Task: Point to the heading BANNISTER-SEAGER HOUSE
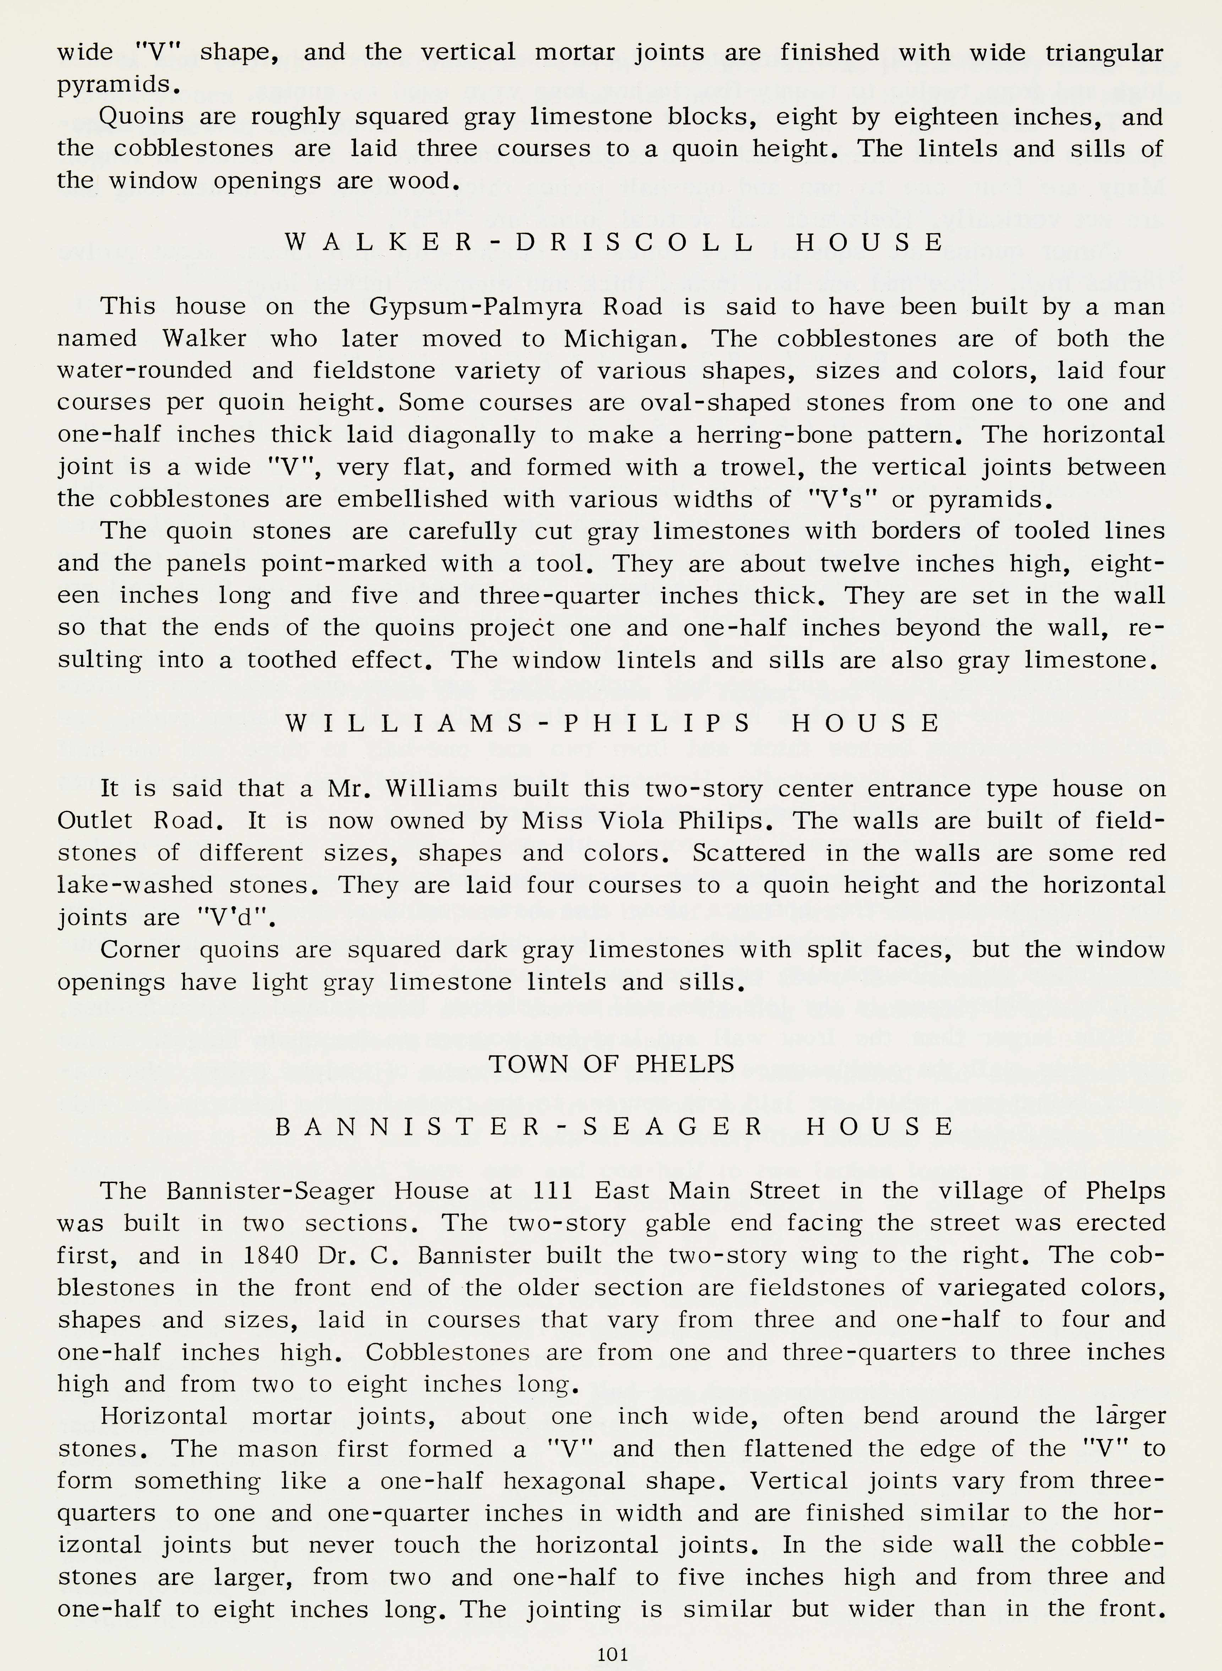[614, 1127]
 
